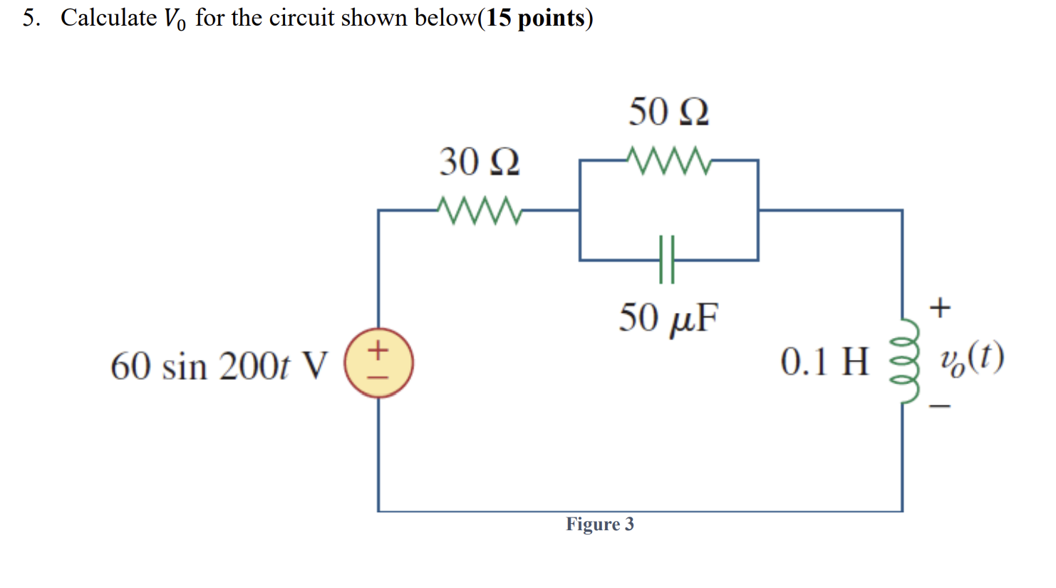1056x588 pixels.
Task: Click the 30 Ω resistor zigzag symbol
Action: pyautogui.click(x=480, y=210)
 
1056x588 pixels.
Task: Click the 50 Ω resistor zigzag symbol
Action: pyautogui.click(x=668, y=160)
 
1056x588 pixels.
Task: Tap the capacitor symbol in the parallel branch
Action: pyautogui.click(x=667, y=260)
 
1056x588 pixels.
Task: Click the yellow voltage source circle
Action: pyautogui.click(x=378, y=363)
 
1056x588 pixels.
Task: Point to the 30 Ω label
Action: pyautogui.click(x=479, y=162)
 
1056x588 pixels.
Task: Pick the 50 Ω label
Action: pyautogui.click(x=668, y=112)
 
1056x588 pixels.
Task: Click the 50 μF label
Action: pyautogui.click(x=668, y=318)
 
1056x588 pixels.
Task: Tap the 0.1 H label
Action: pyautogui.click(x=824, y=361)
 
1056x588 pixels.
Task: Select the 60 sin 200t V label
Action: pyautogui.click(x=219, y=366)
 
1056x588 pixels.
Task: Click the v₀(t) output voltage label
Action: pyautogui.click(x=972, y=358)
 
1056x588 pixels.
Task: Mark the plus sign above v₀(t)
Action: pyautogui.click(x=941, y=308)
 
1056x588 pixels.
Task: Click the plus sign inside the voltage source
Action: pyautogui.click(x=378, y=349)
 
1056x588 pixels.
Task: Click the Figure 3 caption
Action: pyautogui.click(x=599, y=525)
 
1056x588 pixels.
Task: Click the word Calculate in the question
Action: pyautogui.click(x=108, y=18)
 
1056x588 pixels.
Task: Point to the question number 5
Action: pyautogui.click(x=30, y=18)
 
